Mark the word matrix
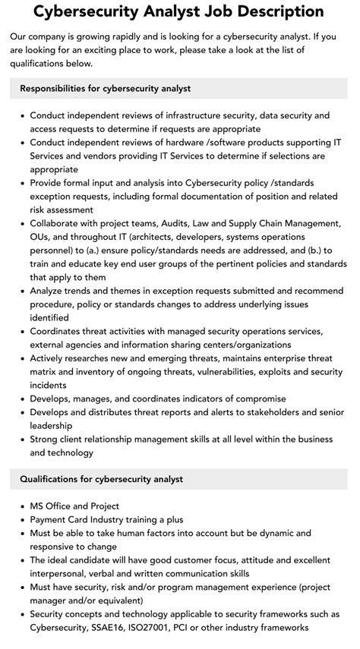[x=46, y=372]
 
